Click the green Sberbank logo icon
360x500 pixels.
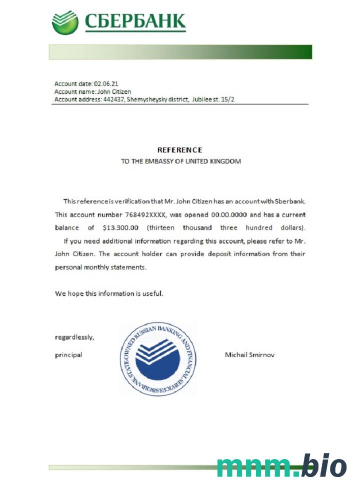65,23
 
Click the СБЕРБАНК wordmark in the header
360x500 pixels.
135,21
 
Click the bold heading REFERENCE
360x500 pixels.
180,149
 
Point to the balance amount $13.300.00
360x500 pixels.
120,227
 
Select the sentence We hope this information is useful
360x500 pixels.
109,293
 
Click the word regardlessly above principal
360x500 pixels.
74,337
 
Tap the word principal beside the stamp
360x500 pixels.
68,355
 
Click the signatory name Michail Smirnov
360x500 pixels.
250,355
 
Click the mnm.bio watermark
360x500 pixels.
281,467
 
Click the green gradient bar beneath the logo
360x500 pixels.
180,52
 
